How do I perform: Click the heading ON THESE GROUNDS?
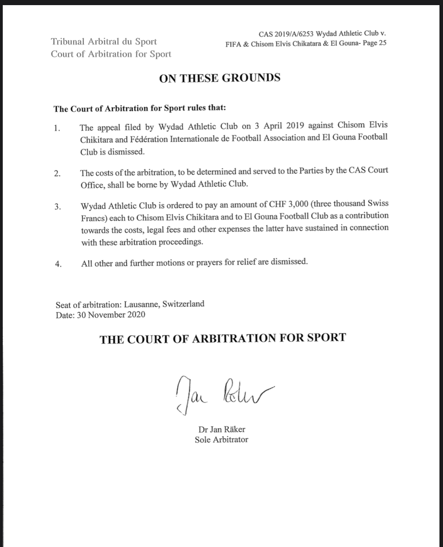point(219,78)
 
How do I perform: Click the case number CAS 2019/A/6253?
point(286,34)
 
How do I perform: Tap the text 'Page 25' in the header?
point(374,43)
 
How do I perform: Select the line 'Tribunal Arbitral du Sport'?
point(104,41)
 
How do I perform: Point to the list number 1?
point(57,128)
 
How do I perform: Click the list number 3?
point(57,207)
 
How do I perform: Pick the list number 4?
point(58,264)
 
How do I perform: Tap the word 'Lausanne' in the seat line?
point(142,304)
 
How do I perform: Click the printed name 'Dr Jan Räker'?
point(222,430)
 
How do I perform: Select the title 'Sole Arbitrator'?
point(221,439)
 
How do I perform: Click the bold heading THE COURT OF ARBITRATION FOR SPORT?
point(222,339)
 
